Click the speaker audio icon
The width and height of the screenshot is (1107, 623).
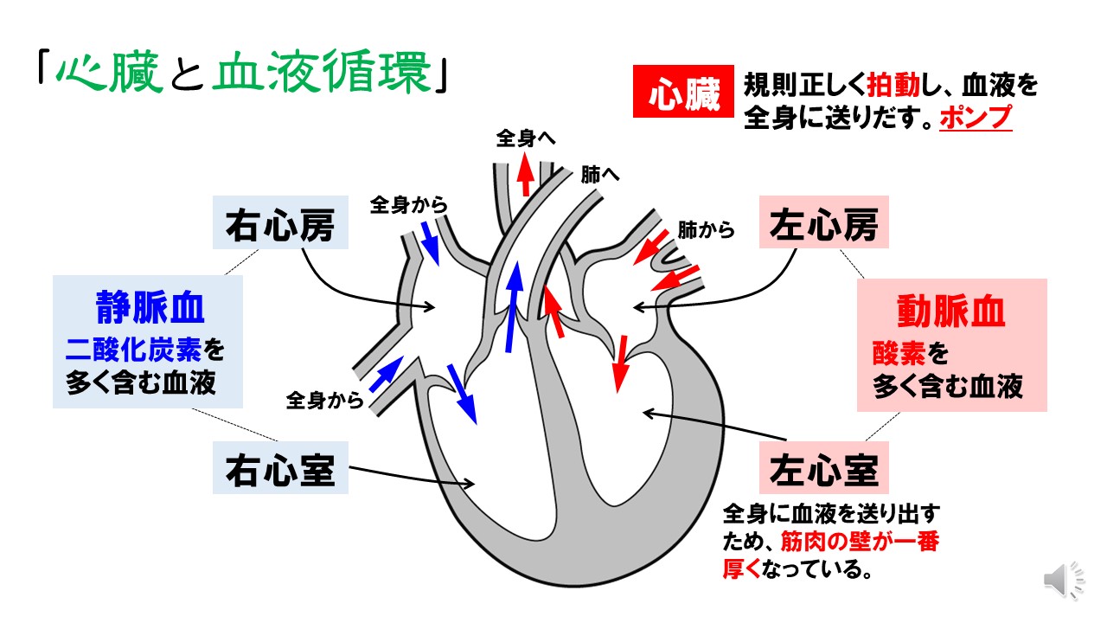point(1063,580)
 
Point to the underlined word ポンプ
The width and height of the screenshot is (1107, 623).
point(975,118)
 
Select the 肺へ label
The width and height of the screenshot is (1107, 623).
point(600,174)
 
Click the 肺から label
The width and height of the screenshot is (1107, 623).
point(706,230)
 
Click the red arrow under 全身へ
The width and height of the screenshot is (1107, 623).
point(524,176)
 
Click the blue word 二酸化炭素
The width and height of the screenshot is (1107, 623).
point(133,349)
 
